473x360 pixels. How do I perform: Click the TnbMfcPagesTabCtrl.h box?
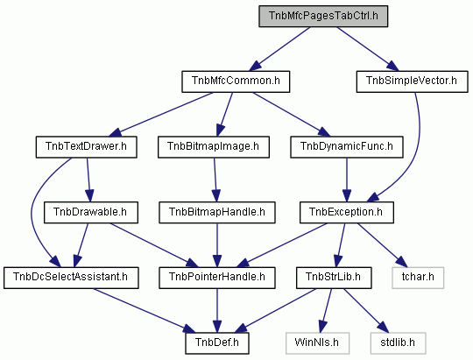click(323, 16)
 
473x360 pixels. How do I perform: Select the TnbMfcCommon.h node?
click(236, 81)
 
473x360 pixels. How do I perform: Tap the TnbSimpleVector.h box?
click(412, 81)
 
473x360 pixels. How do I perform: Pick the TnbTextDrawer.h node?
click(86, 147)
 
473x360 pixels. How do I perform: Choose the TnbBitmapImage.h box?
click(214, 147)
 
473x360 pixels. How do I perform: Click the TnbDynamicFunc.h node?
click(347, 147)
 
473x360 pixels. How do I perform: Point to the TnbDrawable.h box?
click(91, 213)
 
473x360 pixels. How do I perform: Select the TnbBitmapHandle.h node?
click(217, 213)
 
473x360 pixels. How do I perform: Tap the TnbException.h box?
click(347, 213)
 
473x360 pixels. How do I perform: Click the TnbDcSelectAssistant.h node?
click(71, 278)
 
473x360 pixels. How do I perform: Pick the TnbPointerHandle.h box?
click(217, 278)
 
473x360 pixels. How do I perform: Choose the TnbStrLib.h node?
click(334, 278)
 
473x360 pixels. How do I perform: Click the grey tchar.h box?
click(418, 278)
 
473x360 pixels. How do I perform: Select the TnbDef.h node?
click(217, 343)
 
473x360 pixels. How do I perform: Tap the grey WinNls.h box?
click(317, 343)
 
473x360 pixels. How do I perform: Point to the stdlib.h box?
click(399, 343)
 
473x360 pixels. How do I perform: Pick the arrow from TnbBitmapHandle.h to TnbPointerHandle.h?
click(217, 245)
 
